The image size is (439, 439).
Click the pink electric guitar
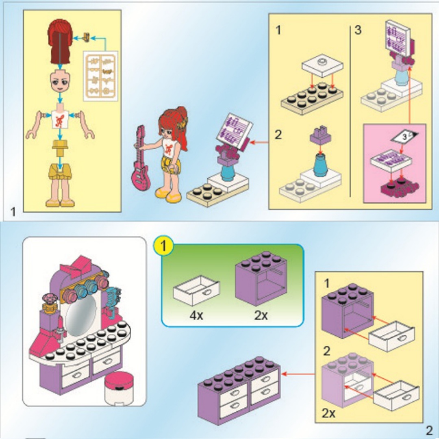click(140, 162)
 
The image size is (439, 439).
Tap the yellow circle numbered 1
click(163, 246)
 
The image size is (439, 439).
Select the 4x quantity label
click(196, 315)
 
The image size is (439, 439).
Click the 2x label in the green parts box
click(261, 315)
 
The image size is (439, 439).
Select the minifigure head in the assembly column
click(60, 81)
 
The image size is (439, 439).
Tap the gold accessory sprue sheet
click(100, 76)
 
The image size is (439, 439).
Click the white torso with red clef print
click(60, 120)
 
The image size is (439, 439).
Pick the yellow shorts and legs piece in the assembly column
click(60, 185)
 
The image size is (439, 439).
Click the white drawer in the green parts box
click(196, 290)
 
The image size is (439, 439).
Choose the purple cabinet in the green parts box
click(261, 279)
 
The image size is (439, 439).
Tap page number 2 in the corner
click(429, 430)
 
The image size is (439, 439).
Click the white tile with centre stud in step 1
click(322, 65)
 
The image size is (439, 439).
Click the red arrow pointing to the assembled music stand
click(259, 143)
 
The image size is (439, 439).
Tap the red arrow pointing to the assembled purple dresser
click(298, 374)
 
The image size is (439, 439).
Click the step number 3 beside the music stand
click(358, 30)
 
